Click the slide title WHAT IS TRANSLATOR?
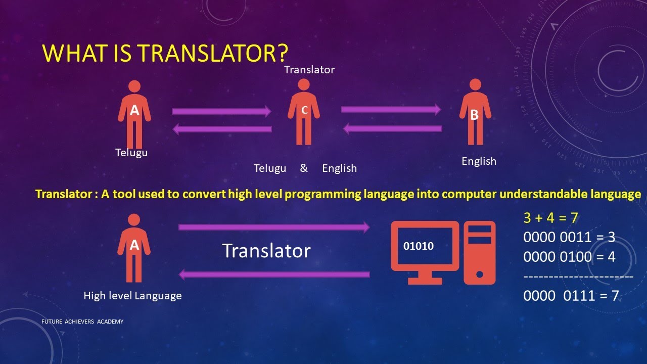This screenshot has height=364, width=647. click(x=165, y=53)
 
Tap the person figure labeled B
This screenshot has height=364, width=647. click(x=475, y=112)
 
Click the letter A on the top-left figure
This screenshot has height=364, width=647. click(x=134, y=110)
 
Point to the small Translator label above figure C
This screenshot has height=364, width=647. click(x=309, y=70)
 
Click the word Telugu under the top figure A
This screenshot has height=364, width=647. click(x=131, y=152)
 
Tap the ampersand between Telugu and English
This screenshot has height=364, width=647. click(x=304, y=168)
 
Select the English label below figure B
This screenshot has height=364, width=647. click(x=479, y=161)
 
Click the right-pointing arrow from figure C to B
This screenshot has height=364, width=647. click(x=391, y=109)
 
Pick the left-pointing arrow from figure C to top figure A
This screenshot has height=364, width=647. click(x=222, y=129)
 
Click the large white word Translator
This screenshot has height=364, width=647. click(x=266, y=251)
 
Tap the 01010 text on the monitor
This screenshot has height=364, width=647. click(x=419, y=246)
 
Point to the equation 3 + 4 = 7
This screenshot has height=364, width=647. click(x=551, y=218)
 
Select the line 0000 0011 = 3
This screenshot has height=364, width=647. click(x=569, y=238)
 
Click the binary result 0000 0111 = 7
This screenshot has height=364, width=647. click(x=571, y=296)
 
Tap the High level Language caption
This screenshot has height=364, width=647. click(x=132, y=296)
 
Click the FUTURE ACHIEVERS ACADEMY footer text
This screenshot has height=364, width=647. click(x=82, y=322)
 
